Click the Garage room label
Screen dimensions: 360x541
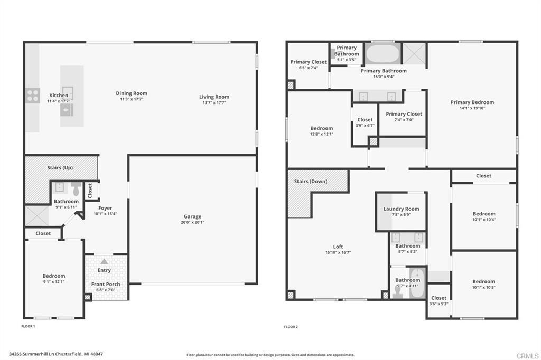tap(192, 216)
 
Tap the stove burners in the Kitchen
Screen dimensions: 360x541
tap(33, 95)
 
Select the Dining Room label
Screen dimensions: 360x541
tap(132, 93)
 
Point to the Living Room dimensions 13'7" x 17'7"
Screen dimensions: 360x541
tap(214, 103)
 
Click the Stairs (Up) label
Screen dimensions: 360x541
tap(60, 168)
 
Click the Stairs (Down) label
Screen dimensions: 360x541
tap(311, 182)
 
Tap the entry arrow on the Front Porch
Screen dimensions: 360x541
tap(105, 261)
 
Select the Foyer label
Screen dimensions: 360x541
tap(105, 208)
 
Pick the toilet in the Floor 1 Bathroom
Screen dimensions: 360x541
tap(76, 189)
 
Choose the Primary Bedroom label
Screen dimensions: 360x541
tap(472, 102)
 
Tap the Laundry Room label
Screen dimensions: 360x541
tap(401, 209)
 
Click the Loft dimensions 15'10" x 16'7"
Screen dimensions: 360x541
tap(338, 253)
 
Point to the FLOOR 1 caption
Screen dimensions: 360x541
tap(28, 327)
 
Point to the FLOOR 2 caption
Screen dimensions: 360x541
tap(291, 327)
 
